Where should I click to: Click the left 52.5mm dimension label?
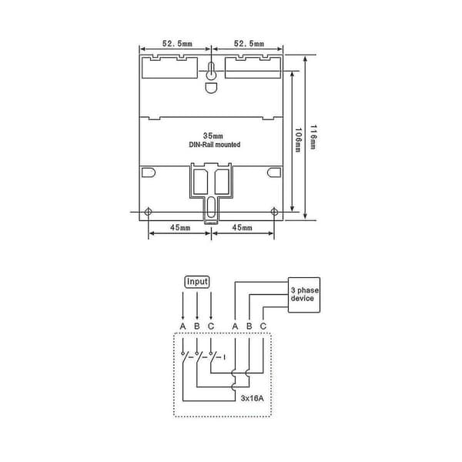click(x=177, y=44)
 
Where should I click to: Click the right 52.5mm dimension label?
click(x=249, y=44)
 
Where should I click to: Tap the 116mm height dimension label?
click(x=313, y=137)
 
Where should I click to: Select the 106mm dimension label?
click(x=298, y=140)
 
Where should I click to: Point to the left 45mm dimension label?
click(x=180, y=227)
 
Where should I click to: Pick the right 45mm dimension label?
click(x=243, y=227)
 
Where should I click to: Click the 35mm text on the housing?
click(x=213, y=136)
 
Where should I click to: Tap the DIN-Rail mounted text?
click(x=215, y=145)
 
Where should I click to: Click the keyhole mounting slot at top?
click(x=211, y=71)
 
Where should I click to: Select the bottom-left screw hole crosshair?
click(x=148, y=211)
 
